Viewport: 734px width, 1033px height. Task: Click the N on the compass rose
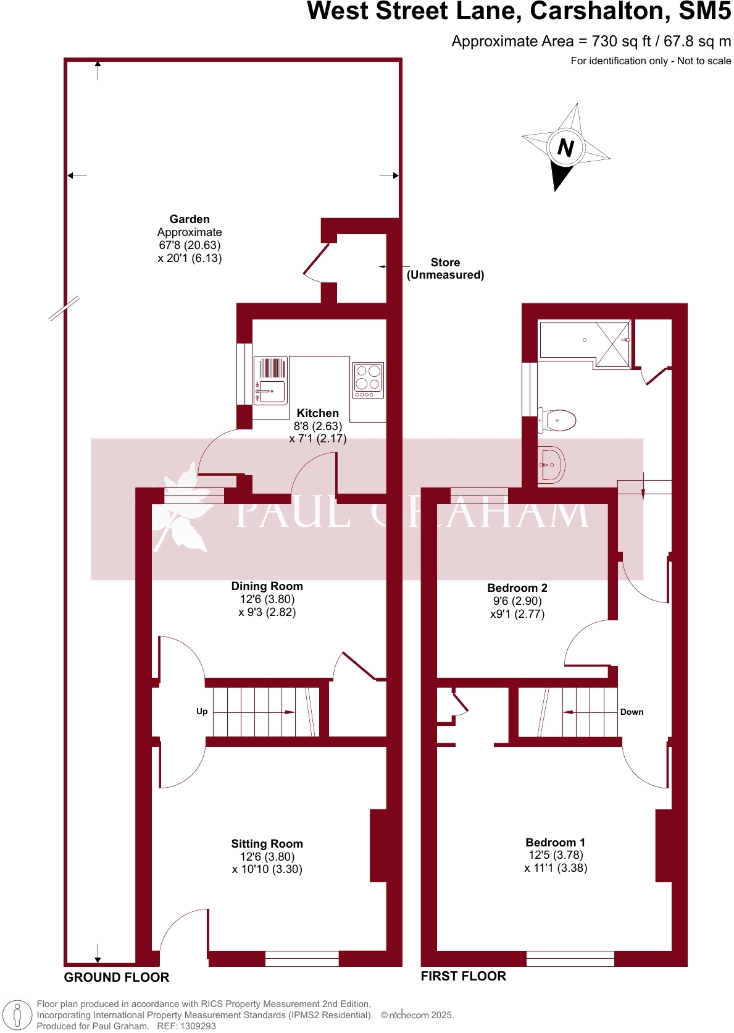click(x=565, y=147)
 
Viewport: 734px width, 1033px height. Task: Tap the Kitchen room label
click(x=317, y=413)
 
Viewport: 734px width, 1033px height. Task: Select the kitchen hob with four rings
click(x=368, y=380)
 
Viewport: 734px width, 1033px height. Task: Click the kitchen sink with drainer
click(x=270, y=380)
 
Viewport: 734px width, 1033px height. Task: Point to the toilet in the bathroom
click(x=557, y=420)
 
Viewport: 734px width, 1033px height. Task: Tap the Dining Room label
click(x=267, y=586)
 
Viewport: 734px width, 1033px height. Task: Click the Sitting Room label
click(x=267, y=844)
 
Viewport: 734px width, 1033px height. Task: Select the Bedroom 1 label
click(x=555, y=843)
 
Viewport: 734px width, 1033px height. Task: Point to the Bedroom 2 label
click(x=517, y=588)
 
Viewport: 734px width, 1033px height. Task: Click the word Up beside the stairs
click(x=202, y=712)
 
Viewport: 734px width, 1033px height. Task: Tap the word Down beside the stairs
click(x=632, y=712)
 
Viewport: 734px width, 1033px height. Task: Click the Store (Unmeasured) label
click(x=445, y=269)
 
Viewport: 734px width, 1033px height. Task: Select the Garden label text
click(x=190, y=219)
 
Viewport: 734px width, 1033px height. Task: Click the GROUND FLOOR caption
click(x=117, y=977)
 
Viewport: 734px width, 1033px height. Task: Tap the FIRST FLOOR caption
click(x=463, y=976)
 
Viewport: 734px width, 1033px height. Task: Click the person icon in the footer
click(x=18, y=1015)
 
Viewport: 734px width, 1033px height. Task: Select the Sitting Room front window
click(x=302, y=959)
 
